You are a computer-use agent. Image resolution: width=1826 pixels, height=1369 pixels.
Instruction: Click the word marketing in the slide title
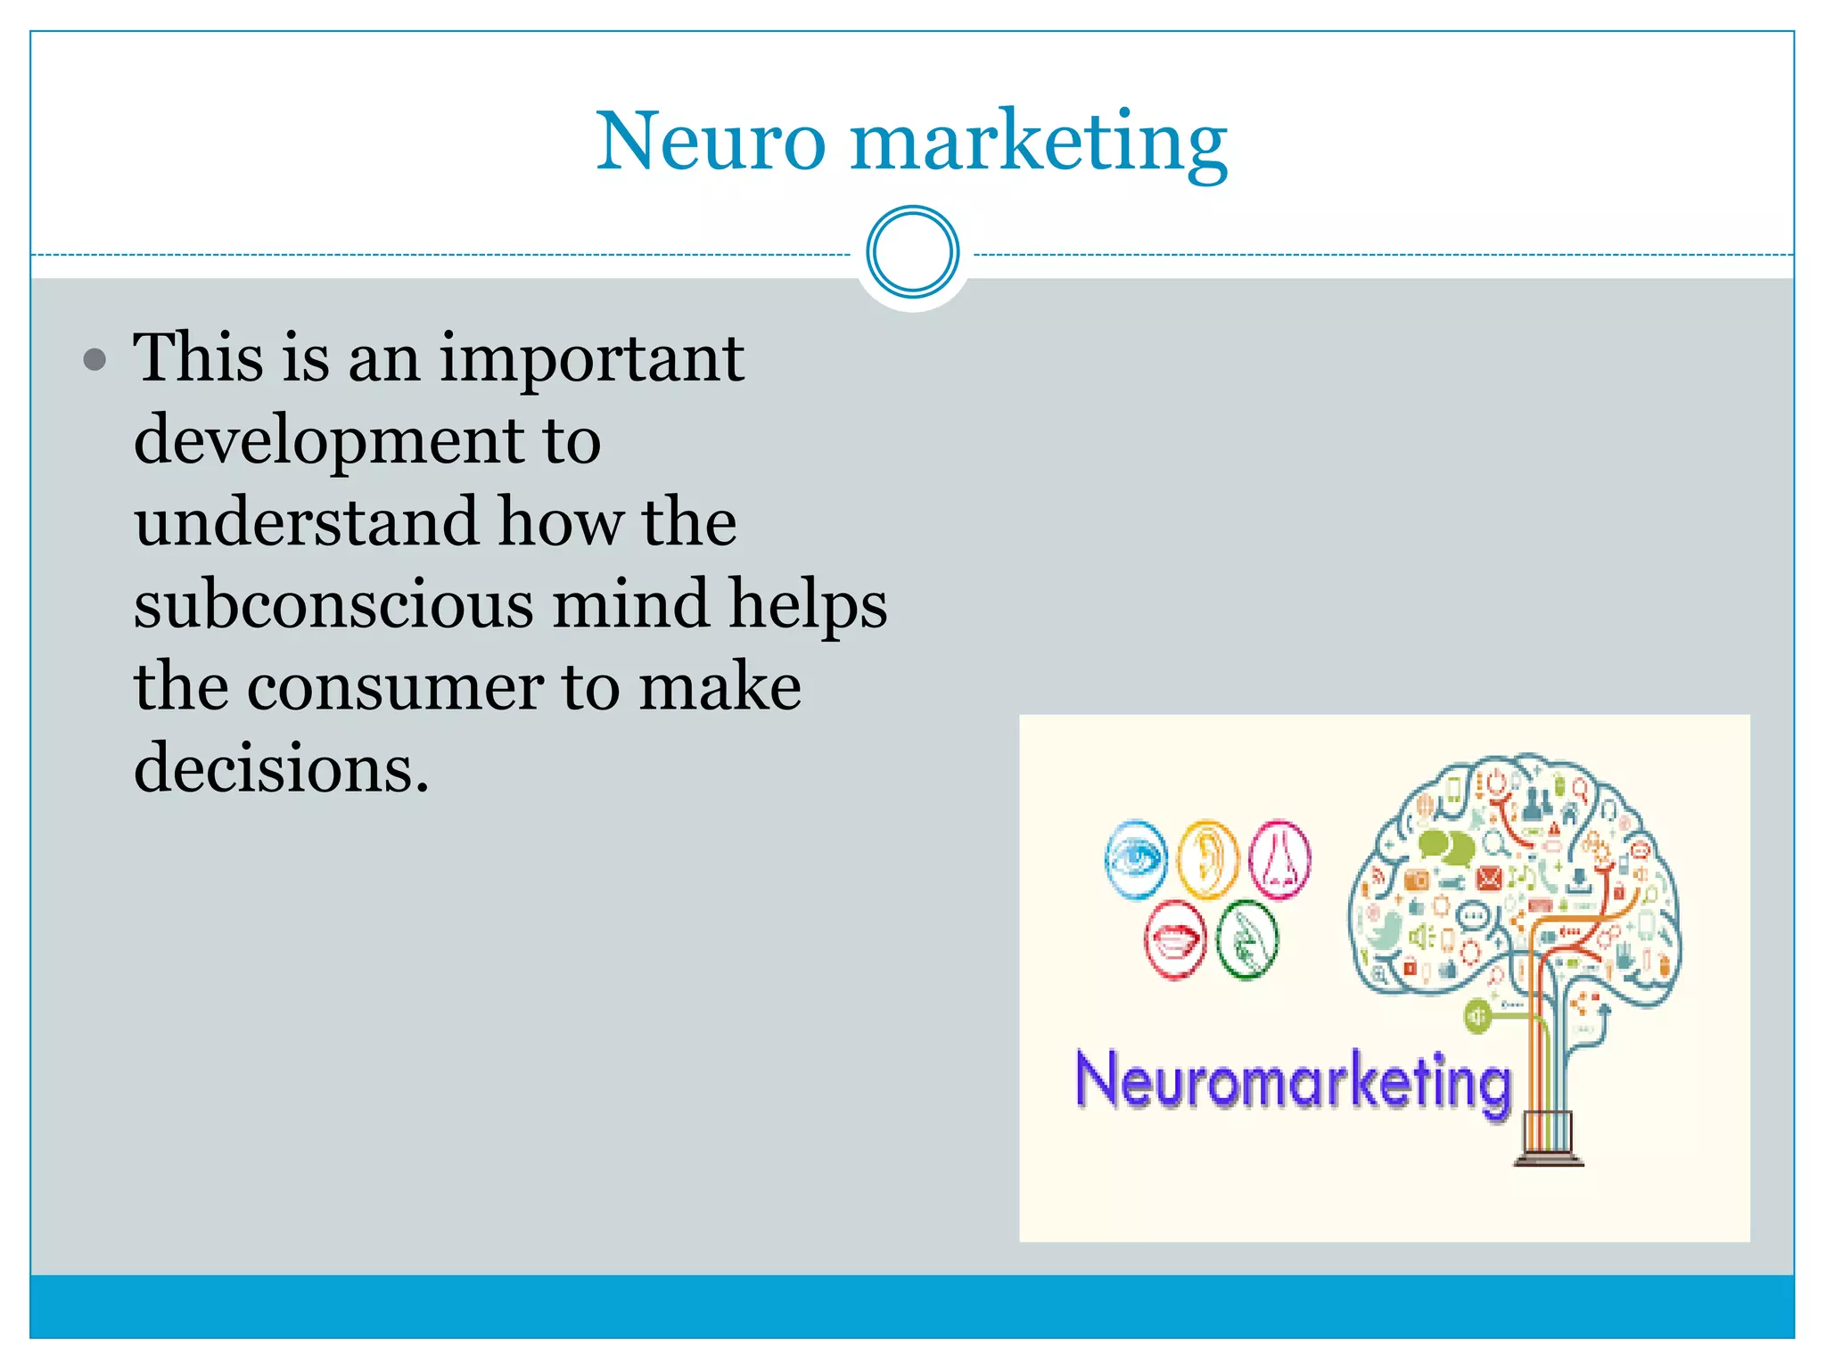[1039, 143]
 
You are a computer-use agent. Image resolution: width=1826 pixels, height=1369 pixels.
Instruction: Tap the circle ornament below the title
[912, 252]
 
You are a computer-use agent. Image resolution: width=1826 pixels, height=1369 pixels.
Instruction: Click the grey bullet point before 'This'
[95, 360]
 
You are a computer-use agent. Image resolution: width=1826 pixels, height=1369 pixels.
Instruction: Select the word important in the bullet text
[592, 359]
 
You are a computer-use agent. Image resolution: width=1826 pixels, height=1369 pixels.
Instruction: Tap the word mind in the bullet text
[632, 604]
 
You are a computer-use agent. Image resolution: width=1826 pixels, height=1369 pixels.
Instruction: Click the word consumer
[394, 686]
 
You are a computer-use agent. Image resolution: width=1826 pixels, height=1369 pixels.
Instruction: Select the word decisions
[281, 768]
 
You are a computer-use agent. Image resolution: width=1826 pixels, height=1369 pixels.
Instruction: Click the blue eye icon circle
[1135, 860]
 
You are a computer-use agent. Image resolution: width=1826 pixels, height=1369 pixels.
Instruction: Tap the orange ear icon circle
[1207, 860]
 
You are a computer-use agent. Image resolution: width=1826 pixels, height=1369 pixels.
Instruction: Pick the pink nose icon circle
[1279, 860]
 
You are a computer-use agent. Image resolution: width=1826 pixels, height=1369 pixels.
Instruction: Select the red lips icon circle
[1175, 939]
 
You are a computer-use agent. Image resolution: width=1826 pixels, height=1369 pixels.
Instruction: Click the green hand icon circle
[1247, 939]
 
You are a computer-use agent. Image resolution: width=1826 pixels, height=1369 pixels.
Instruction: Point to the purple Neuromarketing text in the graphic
[1293, 1080]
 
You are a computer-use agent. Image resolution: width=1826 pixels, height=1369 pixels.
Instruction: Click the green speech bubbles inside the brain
[1446, 846]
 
